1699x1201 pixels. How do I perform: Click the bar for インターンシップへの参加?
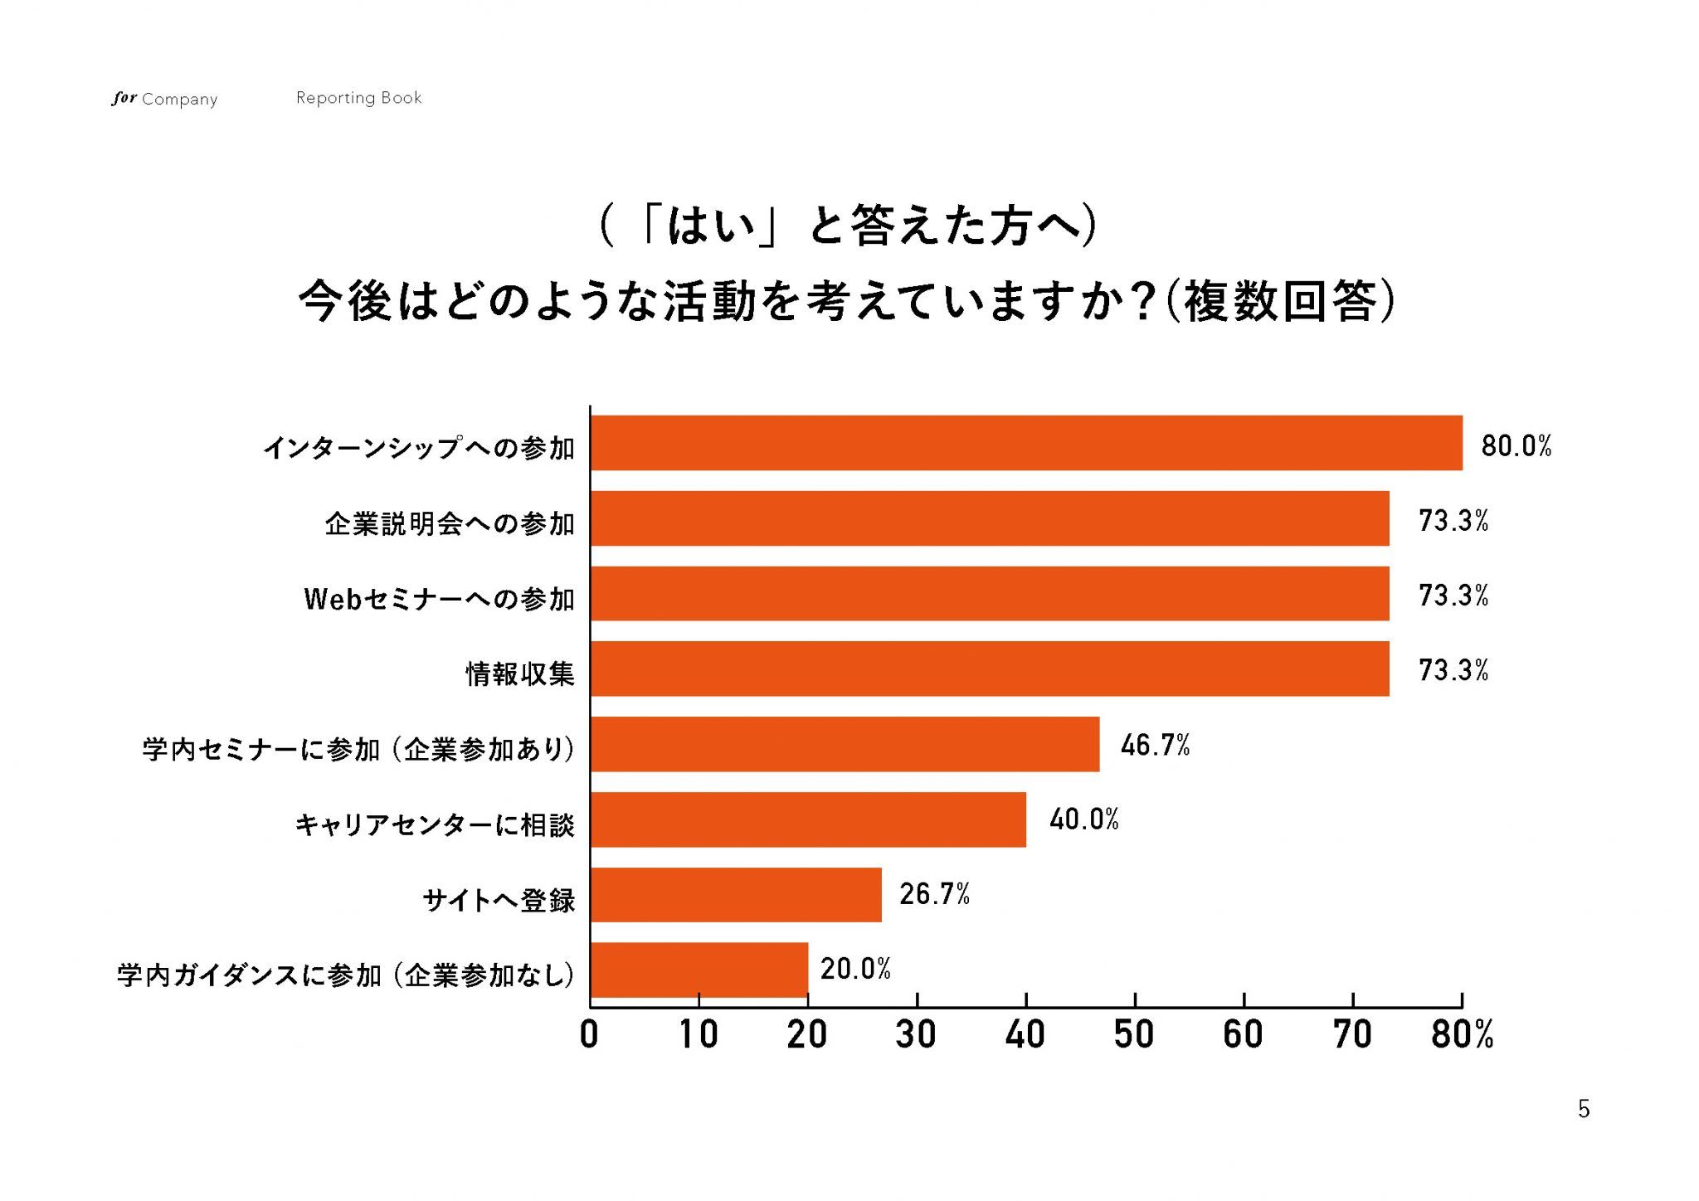point(1026,443)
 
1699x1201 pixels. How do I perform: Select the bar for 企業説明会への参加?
point(990,518)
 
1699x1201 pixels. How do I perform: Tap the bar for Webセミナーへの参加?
point(990,594)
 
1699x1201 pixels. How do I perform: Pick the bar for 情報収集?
point(990,669)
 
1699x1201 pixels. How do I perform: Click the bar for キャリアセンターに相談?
point(808,819)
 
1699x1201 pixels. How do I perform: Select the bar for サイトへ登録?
point(736,894)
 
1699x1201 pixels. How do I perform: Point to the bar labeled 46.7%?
point(845,744)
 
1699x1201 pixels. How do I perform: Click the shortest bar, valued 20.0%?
point(699,970)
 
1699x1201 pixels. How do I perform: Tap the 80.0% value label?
point(1516,446)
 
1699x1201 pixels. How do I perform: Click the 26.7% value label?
point(934,894)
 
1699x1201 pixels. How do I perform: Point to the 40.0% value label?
point(1083,819)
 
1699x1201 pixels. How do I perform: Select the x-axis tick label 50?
point(1134,1035)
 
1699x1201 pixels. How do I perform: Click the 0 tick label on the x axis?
point(589,1035)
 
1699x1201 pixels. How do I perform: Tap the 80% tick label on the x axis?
point(1462,1035)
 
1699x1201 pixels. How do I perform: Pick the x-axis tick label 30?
point(916,1035)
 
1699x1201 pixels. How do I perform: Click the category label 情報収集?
point(519,673)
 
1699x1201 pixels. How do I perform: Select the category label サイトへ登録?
point(499,900)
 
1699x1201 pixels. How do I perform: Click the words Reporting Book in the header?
point(358,98)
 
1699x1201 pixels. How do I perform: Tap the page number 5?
point(1584,1109)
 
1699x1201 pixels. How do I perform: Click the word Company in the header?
point(179,100)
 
